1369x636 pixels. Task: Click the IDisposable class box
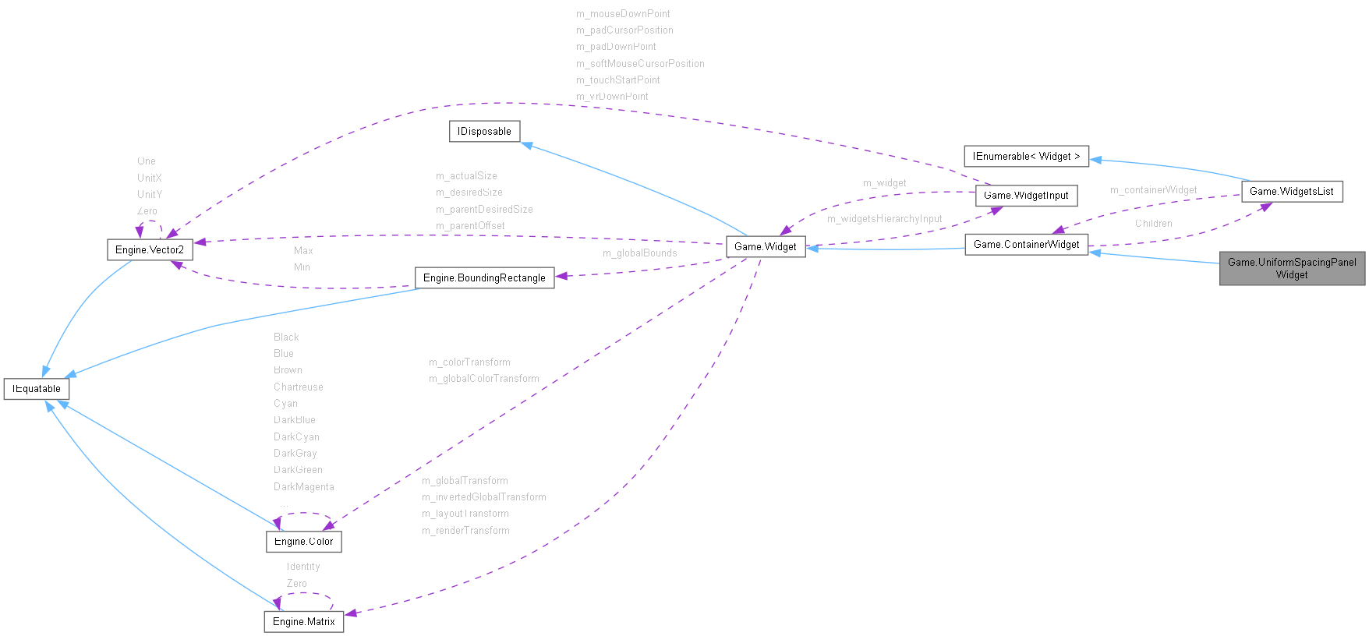484,132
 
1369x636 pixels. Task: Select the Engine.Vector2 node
150,249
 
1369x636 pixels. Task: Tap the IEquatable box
37,388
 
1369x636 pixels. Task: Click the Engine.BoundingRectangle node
484,277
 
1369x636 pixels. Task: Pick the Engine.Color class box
303,542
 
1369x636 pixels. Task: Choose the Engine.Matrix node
303,621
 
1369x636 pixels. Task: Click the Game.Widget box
766,246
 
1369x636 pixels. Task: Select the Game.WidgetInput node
1026,196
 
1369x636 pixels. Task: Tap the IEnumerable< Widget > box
1026,157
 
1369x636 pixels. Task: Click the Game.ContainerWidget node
1026,245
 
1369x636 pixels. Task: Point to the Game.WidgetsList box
1291,191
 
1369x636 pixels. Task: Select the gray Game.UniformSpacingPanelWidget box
1292,269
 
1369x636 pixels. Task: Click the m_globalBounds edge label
639,253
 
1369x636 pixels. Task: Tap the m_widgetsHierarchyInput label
884,219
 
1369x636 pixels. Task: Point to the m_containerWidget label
1153,190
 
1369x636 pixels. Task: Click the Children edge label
1153,224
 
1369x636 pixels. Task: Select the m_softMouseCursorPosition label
640,64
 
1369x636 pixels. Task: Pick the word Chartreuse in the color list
298,387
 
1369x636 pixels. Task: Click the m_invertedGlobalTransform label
483,497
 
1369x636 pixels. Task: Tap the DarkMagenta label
303,487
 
